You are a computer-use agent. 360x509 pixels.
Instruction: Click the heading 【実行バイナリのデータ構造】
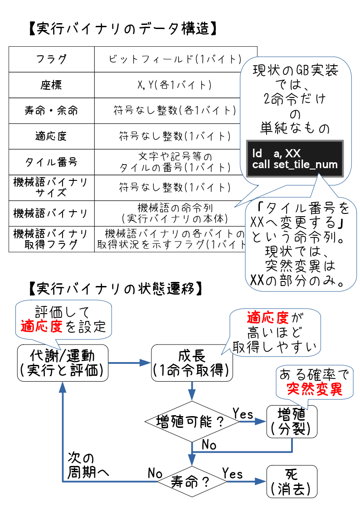point(121,29)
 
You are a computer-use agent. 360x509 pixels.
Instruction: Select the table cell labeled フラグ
point(51,59)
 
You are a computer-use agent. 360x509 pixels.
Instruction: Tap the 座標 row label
point(51,85)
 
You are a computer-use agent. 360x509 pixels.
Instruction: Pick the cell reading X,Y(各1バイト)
point(175,85)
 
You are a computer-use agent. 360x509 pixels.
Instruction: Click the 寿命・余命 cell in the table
point(51,111)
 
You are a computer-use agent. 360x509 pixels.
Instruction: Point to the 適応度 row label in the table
point(51,136)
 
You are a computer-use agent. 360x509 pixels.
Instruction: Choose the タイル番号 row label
point(51,162)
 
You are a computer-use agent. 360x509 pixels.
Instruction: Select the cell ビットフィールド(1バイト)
point(175,59)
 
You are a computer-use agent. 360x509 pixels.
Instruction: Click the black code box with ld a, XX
point(295,158)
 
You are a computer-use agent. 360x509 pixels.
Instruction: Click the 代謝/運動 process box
point(63,363)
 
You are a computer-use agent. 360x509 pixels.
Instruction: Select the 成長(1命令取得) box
point(193,363)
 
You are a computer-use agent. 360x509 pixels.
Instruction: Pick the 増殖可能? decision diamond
point(192,422)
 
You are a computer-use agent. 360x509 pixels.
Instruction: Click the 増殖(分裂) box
point(292,421)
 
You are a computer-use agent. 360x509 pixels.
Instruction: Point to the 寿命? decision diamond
point(191,481)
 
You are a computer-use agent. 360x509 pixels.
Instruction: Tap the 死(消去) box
point(292,481)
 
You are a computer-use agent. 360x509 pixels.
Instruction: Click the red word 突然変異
point(314,389)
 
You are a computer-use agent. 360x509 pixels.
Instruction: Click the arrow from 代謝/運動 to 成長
point(130,363)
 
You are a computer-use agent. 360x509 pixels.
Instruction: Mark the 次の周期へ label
point(88,465)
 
